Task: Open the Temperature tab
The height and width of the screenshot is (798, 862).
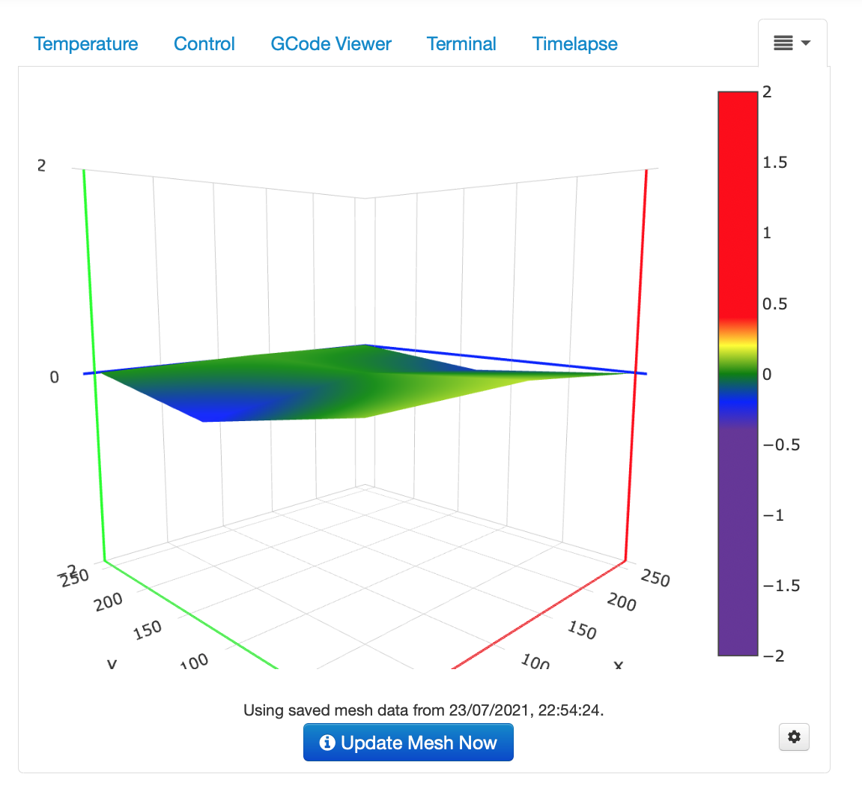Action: click(86, 44)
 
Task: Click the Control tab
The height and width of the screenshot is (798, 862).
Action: click(204, 44)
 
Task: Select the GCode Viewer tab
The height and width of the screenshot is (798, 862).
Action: click(330, 44)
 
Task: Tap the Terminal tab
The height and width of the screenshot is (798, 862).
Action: click(461, 44)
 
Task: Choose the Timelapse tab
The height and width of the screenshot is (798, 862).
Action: click(574, 44)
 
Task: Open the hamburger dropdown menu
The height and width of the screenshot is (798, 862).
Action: click(792, 43)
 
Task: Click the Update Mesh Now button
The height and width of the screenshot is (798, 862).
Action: click(408, 743)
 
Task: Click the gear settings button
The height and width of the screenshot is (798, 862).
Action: click(794, 737)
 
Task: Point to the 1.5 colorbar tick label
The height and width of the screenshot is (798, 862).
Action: click(774, 163)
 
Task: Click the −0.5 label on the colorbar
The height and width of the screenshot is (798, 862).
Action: click(780, 445)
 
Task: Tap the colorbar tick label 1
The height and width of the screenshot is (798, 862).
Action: click(767, 233)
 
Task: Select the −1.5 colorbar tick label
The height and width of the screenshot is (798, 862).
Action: click(780, 586)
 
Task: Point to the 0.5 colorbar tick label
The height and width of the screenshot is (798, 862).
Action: click(774, 303)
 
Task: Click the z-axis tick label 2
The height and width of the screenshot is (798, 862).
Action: click(42, 166)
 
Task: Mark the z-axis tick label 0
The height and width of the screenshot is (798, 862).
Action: click(54, 377)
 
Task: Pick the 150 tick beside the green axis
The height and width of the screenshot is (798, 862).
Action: click(148, 629)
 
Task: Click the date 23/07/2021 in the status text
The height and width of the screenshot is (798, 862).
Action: click(489, 710)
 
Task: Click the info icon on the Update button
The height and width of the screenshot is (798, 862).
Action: click(327, 743)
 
